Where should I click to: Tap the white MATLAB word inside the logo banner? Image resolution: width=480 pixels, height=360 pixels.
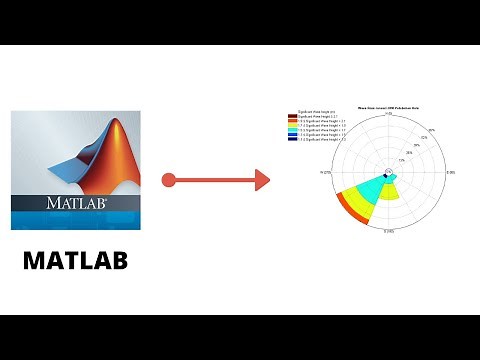tap(75, 203)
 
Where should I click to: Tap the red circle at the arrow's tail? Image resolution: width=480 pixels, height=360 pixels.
tap(169, 180)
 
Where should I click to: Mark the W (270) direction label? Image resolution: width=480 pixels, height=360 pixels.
tap(326, 172)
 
